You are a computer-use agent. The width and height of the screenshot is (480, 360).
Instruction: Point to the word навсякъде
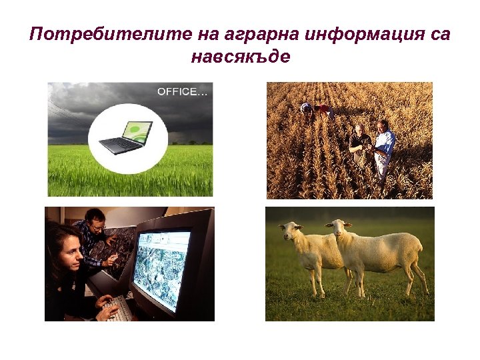click(240, 57)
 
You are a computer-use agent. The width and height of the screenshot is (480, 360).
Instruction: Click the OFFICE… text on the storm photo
click(182, 92)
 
